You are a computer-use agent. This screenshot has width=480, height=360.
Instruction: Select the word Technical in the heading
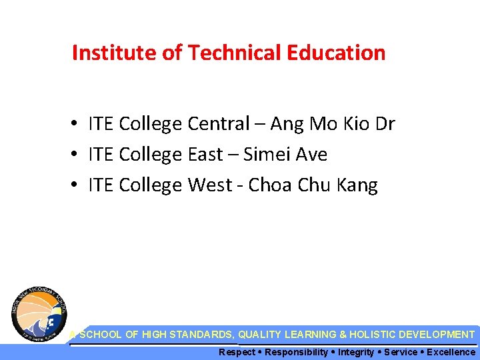[216, 53]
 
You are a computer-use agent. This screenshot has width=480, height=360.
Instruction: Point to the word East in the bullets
[205, 155]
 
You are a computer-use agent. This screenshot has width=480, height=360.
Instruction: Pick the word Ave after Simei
[311, 155]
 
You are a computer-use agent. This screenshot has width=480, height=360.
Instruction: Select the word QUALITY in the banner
[259, 335]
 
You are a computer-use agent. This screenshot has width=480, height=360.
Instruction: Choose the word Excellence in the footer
[451, 352]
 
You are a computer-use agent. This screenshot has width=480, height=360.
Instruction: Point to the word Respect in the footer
[237, 352]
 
